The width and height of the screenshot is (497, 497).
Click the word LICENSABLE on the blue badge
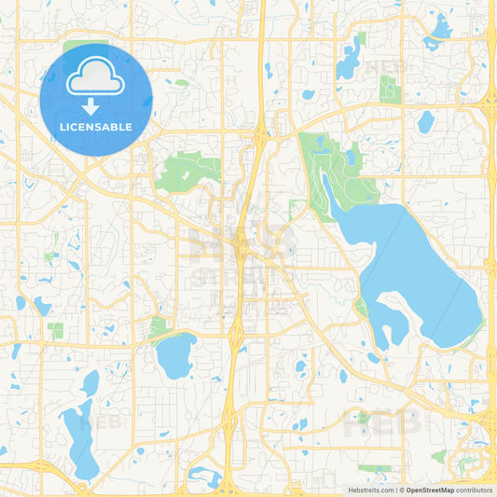[x=97, y=127]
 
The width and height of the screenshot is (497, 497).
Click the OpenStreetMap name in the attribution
[x=429, y=489]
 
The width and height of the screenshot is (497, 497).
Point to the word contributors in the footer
[x=474, y=489]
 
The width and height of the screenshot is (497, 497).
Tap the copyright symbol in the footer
[x=400, y=489]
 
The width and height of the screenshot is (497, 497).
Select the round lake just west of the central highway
[x=175, y=356]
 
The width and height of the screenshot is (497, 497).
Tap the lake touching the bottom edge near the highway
[x=205, y=478]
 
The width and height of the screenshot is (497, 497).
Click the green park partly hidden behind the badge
[x=84, y=47]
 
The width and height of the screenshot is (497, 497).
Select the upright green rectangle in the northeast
[x=390, y=89]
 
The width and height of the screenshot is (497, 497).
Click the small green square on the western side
[x=56, y=331]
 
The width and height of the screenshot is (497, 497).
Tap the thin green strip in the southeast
[x=374, y=468]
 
